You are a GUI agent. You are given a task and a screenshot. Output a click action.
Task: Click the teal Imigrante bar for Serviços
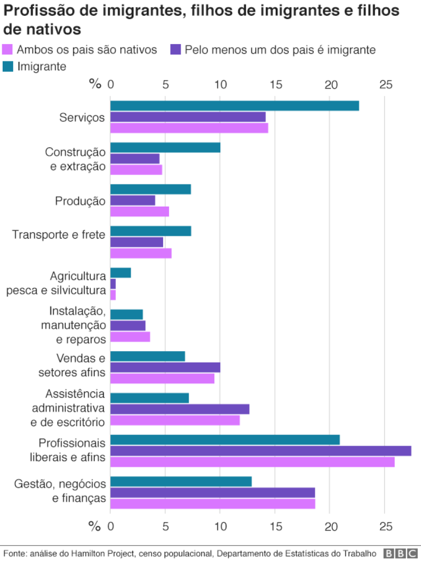(x=234, y=106)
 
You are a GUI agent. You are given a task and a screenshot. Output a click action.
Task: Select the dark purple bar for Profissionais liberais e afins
(x=261, y=451)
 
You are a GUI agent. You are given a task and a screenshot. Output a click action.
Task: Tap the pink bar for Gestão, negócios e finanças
(x=213, y=503)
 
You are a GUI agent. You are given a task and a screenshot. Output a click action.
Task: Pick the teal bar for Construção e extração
(x=165, y=147)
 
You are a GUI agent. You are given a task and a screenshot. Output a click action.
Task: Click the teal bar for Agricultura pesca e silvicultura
(x=121, y=273)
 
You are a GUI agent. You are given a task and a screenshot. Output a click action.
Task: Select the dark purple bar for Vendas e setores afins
(x=165, y=367)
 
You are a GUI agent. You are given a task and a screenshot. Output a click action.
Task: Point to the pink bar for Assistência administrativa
(x=175, y=420)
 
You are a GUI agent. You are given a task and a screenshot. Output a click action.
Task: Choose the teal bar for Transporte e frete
(x=151, y=231)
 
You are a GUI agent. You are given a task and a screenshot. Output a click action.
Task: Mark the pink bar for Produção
(x=140, y=211)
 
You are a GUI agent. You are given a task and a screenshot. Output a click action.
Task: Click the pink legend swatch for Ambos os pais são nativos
(x=8, y=50)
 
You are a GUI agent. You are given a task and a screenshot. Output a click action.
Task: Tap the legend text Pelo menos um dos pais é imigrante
(x=280, y=50)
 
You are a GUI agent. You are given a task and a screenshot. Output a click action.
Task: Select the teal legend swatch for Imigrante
(x=8, y=67)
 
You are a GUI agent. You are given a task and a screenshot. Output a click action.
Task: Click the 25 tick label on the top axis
(x=386, y=84)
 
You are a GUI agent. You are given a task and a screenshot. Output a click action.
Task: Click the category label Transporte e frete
(x=59, y=235)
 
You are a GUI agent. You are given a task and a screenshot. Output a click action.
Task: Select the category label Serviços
(x=82, y=117)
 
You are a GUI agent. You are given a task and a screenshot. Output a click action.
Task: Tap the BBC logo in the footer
(x=401, y=553)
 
